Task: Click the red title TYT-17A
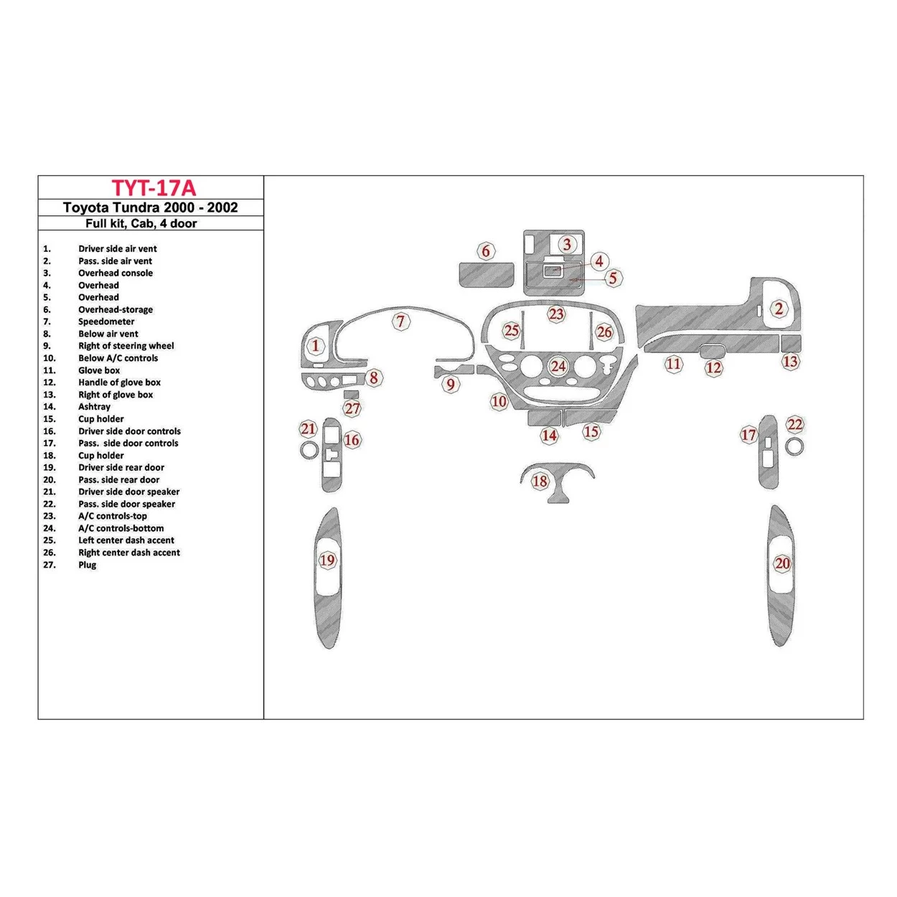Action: (x=153, y=188)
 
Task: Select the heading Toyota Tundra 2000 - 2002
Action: (x=151, y=207)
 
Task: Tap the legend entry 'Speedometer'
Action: (x=106, y=321)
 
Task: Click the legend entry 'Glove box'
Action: (x=99, y=370)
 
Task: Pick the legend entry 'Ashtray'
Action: (x=94, y=407)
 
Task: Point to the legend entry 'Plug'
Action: (x=87, y=565)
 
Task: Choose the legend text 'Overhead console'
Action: (x=115, y=273)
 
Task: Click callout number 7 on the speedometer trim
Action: (x=401, y=321)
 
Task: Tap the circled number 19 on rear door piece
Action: (x=327, y=560)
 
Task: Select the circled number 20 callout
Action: (x=782, y=564)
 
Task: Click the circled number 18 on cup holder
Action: (x=540, y=482)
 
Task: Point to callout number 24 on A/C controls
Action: (x=558, y=367)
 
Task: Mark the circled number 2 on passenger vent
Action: (x=779, y=309)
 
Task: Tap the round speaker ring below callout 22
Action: (x=794, y=447)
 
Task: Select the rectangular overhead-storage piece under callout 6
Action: (x=486, y=274)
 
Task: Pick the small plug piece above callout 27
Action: (x=351, y=394)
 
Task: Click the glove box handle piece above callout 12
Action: (x=711, y=351)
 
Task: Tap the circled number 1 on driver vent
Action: (x=316, y=346)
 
